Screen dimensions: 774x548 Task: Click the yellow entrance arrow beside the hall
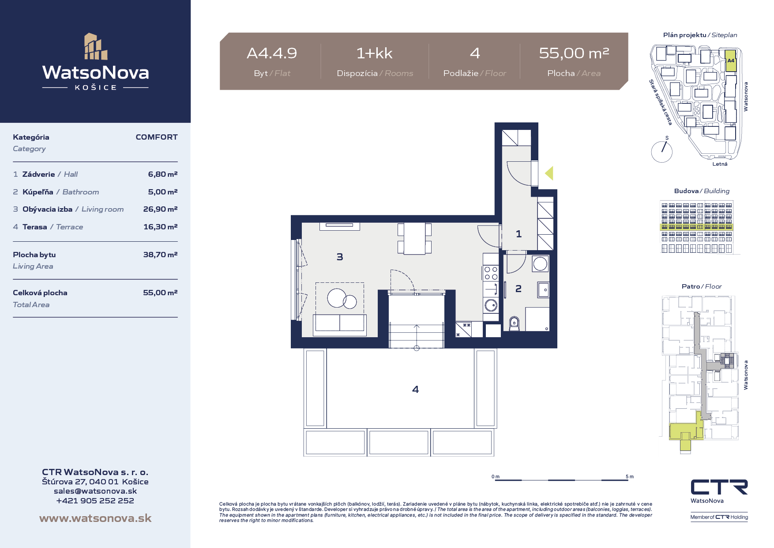(x=549, y=173)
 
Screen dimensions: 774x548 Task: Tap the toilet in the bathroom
(x=514, y=323)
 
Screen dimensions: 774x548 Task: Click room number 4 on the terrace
(x=415, y=389)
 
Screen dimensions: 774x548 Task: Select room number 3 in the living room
(x=340, y=257)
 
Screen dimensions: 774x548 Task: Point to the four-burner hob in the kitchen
(x=491, y=273)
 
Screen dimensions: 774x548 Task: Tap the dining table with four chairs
(x=414, y=238)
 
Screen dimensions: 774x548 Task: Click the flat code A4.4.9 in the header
(x=272, y=53)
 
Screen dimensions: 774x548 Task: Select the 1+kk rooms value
(x=375, y=53)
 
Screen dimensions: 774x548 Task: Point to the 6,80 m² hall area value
(x=163, y=174)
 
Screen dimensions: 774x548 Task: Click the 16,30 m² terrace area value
(x=161, y=227)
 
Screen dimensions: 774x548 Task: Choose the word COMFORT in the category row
(x=157, y=137)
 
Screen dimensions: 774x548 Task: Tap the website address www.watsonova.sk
(x=95, y=518)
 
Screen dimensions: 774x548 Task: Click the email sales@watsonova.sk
(x=95, y=491)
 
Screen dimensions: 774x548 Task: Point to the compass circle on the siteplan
(x=662, y=152)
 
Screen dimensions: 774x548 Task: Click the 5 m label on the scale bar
(x=630, y=476)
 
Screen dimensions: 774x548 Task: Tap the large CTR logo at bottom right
(x=719, y=487)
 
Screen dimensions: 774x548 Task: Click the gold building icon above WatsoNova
(x=96, y=46)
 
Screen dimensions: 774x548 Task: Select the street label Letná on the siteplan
(x=720, y=164)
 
